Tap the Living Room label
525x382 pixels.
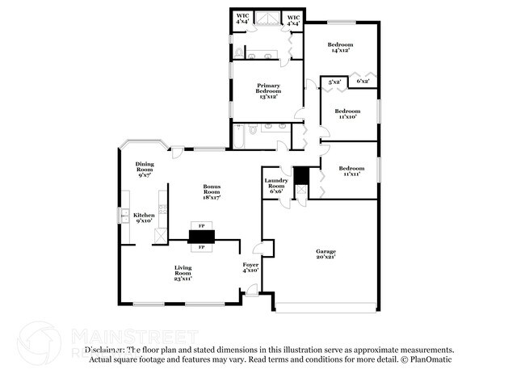pos(183,272)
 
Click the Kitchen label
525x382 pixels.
pos(144,216)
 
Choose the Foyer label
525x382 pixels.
pos(250,264)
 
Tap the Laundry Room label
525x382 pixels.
pos(276,183)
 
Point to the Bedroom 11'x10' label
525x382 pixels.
pos(347,113)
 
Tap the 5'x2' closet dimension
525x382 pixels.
pos(335,81)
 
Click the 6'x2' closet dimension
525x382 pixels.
pos(362,81)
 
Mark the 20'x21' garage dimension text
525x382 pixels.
pos(325,258)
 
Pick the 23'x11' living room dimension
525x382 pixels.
pos(183,279)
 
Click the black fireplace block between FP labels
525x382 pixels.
pos(202,236)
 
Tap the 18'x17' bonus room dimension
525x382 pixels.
pos(212,196)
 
